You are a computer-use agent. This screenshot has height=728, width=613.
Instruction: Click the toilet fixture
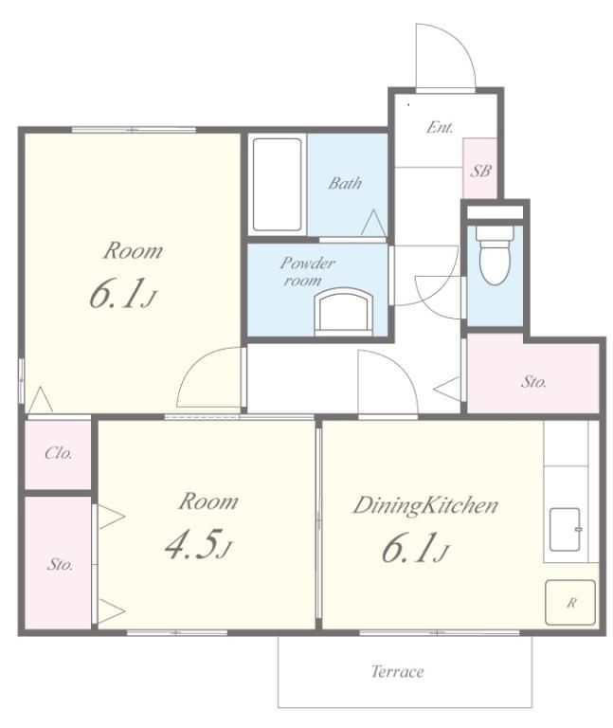click(496, 254)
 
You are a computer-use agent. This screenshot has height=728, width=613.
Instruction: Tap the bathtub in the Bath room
click(277, 184)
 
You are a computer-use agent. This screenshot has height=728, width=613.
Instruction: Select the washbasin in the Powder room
click(344, 312)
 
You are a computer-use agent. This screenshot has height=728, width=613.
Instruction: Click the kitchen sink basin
click(565, 529)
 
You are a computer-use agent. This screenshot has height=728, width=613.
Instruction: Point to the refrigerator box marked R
click(569, 602)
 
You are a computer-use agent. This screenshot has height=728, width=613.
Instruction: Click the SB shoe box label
click(480, 171)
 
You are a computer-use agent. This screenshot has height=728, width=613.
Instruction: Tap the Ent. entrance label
click(440, 127)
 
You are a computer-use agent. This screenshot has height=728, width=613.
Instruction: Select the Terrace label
click(397, 671)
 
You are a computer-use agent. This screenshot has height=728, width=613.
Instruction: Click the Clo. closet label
click(59, 453)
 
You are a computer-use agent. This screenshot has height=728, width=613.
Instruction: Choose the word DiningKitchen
click(425, 505)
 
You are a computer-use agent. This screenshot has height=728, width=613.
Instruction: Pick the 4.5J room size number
click(198, 544)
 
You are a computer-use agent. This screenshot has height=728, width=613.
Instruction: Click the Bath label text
click(345, 183)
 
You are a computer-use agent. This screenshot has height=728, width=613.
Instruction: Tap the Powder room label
click(306, 272)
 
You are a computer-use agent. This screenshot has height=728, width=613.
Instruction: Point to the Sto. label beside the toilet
click(533, 382)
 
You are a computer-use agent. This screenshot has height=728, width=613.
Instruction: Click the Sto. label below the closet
click(60, 565)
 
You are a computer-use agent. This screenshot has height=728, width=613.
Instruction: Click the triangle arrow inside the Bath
click(373, 223)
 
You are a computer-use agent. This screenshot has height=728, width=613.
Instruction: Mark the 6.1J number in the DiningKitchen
click(415, 548)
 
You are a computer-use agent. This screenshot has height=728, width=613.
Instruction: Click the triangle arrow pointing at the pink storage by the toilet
click(446, 387)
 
